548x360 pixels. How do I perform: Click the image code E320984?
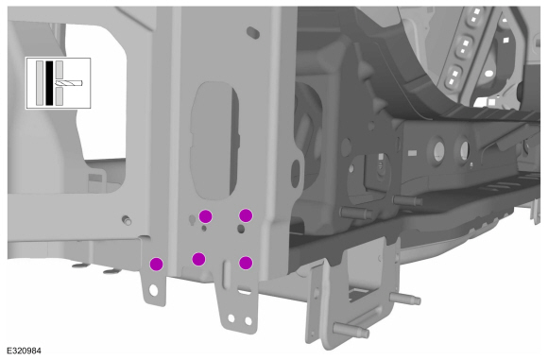pos(24,351)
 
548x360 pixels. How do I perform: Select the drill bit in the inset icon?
pos(69,83)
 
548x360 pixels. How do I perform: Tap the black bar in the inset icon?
pos(49,83)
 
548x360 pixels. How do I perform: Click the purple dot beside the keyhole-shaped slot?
pos(206,216)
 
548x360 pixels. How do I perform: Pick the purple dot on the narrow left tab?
pos(156,264)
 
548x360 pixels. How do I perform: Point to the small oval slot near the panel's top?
pos(253,32)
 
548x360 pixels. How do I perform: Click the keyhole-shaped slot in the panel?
pos(192,220)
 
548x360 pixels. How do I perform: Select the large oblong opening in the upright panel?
pos(214,140)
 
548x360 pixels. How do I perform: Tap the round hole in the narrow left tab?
pos(153,290)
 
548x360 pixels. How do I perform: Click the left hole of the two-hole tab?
pos(231,318)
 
